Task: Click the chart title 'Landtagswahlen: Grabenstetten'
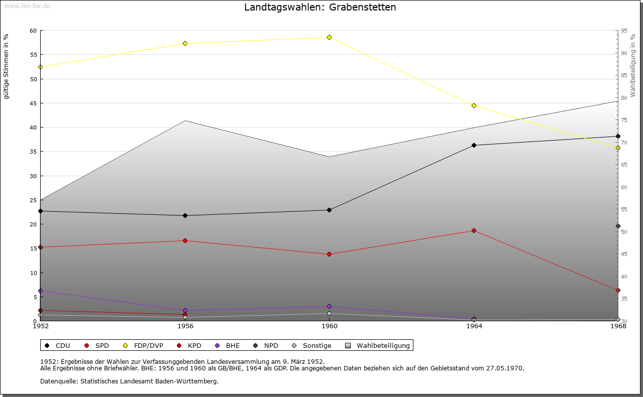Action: pos(320,8)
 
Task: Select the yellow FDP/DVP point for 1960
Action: pos(329,38)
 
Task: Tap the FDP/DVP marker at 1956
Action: pos(185,44)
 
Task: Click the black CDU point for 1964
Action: pos(474,146)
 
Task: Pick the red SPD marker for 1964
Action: pos(474,231)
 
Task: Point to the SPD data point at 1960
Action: pos(329,254)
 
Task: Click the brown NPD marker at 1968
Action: pos(618,226)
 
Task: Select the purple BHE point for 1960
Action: pos(329,307)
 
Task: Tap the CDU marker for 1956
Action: pos(185,216)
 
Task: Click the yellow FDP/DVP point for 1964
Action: pos(474,105)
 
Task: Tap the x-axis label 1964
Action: pos(474,326)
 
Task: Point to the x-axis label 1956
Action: pos(185,326)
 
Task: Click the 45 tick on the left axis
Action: pos(34,103)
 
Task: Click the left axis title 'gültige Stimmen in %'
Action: pos(7,66)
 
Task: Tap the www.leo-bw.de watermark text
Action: pos(27,6)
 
